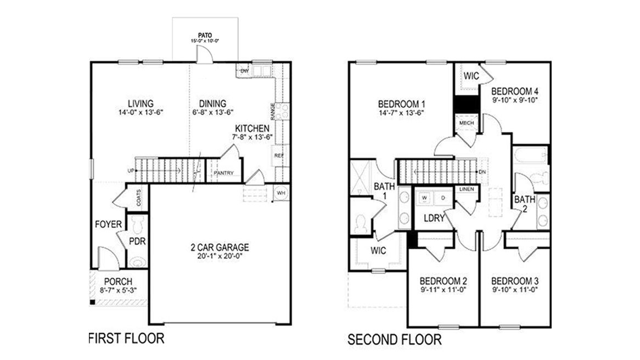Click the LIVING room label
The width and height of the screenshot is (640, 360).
click(141, 103)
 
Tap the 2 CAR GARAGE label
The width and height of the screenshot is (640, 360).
click(220, 247)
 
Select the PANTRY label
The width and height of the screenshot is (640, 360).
click(223, 173)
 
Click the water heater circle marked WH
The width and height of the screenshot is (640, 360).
click(280, 193)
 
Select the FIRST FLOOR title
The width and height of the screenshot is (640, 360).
click(126, 337)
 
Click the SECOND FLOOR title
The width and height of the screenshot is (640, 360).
click(394, 340)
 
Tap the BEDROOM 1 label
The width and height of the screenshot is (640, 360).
click(402, 104)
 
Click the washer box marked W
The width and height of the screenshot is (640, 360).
click(425, 196)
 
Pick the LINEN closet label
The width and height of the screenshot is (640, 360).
click(467, 189)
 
